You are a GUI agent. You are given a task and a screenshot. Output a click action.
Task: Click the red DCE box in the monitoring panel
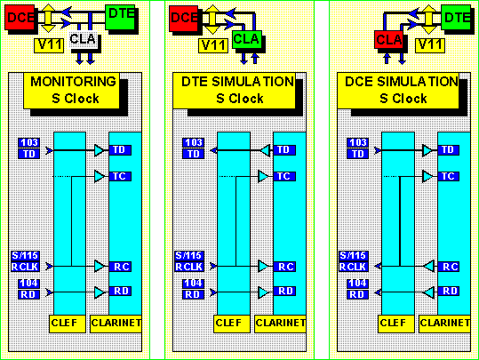(x=20, y=17)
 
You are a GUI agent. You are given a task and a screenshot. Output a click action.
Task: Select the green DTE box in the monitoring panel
(x=120, y=17)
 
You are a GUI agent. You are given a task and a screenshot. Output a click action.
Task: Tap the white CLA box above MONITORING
(x=84, y=39)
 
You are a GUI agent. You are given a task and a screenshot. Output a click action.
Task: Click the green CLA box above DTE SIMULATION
(x=247, y=39)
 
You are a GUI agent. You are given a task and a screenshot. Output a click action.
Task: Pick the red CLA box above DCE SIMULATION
(x=389, y=39)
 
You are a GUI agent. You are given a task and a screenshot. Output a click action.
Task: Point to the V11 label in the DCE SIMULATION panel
(x=430, y=45)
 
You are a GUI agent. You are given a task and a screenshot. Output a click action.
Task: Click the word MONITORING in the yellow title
(x=73, y=82)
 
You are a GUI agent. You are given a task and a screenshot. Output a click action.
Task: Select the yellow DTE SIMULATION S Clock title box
(x=234, y=91)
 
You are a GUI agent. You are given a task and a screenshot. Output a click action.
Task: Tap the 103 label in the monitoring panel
(x=29, y=143)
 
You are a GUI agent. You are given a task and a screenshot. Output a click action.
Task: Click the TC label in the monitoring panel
(x=120, y=176)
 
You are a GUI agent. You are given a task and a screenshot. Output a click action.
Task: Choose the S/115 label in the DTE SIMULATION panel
(x=189, y=255)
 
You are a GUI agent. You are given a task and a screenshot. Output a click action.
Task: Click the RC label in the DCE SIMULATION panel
(x=449, y=267)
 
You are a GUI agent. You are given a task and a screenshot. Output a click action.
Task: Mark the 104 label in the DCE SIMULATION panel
(x=357, y=284)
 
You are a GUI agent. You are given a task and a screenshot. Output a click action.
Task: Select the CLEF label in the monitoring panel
(x=68, y=324)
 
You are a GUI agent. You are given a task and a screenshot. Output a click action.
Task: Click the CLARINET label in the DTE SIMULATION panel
(x=281, y=324)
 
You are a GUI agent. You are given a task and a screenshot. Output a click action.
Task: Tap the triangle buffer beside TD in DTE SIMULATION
(x=266, y=150)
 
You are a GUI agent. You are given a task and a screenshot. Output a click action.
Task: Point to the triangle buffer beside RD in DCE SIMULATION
(x=429, y=292)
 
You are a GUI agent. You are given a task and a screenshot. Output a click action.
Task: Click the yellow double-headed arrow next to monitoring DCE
(x=48, y=18)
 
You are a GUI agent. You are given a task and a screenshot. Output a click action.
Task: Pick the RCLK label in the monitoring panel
(x=25, y=267)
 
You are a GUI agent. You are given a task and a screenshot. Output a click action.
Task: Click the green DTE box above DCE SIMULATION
(x=456, y=17)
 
